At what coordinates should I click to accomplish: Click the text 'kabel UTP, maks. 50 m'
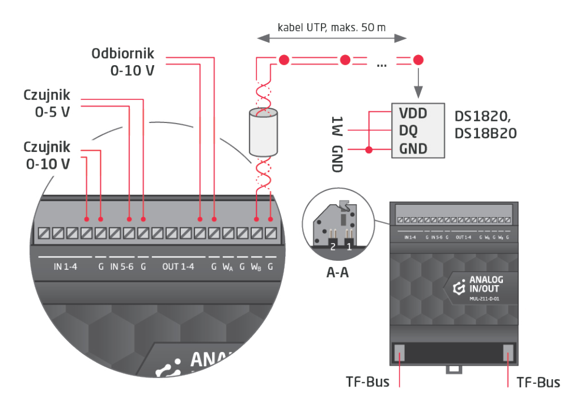pos(332,27)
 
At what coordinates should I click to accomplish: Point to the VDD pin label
pos(413,113)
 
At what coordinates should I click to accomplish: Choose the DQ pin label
pos(409,132)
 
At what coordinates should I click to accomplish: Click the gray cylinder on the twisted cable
pos(264,133)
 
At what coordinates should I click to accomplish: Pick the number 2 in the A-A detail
pos(333,247)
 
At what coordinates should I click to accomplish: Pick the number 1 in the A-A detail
pos(349,247)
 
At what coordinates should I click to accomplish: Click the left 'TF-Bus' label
pos(368,381)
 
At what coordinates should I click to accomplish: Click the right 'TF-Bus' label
pos(538,381)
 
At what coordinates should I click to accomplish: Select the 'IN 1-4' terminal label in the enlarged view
pos(66,266)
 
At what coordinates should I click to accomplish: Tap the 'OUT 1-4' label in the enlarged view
pos(178,266)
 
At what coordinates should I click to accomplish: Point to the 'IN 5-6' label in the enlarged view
pos(121,266)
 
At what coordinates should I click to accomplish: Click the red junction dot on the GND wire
pos(369,150)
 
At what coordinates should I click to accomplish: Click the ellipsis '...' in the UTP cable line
pos(381,63)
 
